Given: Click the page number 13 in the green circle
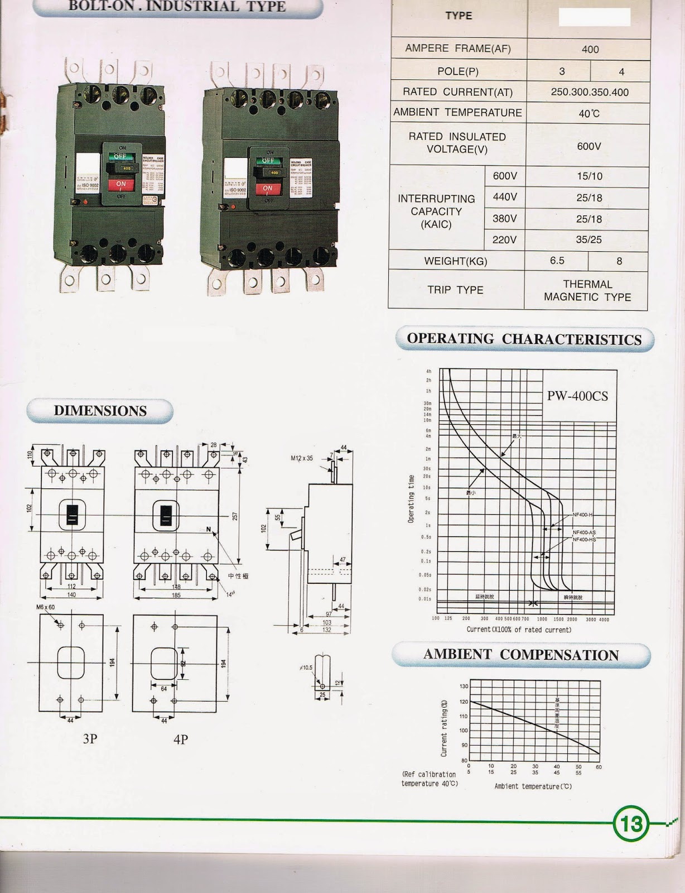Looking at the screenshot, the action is coord(631,823).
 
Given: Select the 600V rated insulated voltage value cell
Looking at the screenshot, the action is coord(588,146).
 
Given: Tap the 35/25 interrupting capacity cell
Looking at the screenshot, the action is coord(588,240).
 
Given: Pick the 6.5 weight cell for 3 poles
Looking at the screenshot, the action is coord(557,261).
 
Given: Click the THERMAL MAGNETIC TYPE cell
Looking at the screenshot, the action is coord(587,291).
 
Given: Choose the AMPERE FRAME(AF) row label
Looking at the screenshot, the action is coord(458,49).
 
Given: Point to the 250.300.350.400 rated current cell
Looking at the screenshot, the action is coord(589,92).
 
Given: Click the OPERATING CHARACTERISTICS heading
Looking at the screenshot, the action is coord(524,339).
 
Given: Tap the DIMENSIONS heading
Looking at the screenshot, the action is coord(100,411).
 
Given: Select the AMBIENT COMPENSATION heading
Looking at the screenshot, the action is coord(520,655).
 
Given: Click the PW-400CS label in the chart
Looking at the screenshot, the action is coord(577,396).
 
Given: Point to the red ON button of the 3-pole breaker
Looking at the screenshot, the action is coord(121,184).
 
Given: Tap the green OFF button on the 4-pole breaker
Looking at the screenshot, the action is coord(268,161).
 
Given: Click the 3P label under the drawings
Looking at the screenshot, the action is coord(90,739).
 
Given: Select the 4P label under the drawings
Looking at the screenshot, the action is coord(181,740).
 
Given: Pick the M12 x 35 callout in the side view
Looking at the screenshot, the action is coord(302,458).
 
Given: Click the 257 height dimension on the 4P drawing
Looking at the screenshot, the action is coord(235,516).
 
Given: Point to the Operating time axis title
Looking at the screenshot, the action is coord(411,498).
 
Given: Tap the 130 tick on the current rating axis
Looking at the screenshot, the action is coord(464,686).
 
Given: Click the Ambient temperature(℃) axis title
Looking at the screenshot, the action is coord(533,786).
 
